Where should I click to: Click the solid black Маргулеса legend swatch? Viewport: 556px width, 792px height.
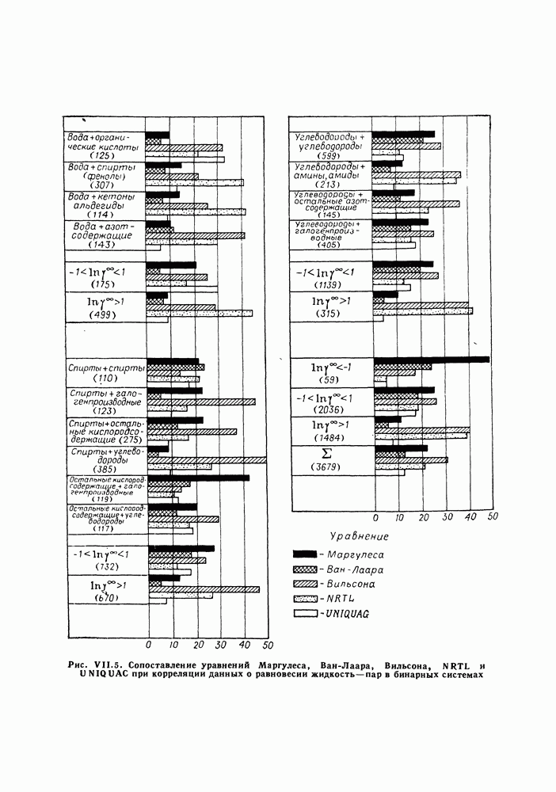click(304, 553)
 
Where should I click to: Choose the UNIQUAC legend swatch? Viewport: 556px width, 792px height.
click(304, 614)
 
